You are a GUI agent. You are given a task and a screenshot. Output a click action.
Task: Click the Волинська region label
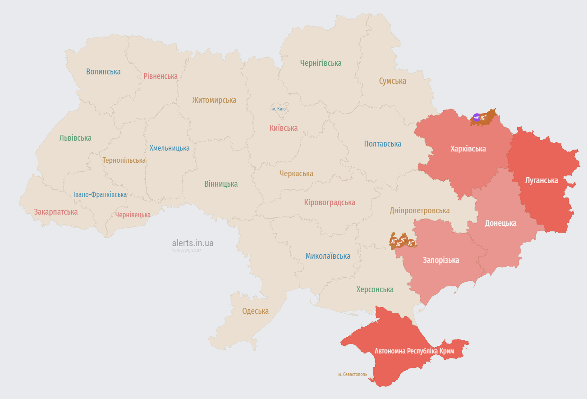pos(103,72)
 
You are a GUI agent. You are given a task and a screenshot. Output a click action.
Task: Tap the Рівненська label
pos(161,76)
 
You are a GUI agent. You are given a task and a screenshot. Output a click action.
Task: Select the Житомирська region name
pos(214,100)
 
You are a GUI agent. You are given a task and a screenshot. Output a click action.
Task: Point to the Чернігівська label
pos(321,63)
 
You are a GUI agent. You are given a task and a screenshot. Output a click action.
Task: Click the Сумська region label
pos(392,81)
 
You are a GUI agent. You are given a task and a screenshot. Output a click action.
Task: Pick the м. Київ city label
pos(279,109)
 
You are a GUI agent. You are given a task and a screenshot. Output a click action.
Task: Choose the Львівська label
pos(75,138)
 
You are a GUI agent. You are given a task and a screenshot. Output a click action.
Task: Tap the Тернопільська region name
pos(124,161)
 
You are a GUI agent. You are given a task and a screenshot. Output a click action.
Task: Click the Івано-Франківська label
pos(100,195)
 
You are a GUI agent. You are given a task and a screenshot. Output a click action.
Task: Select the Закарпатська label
pos(56,212)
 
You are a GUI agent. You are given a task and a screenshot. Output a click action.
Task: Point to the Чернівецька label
pos(133,215)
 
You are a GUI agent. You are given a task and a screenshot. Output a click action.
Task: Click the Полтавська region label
pos(382,144)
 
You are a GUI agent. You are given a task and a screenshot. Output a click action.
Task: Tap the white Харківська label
pos(468,149)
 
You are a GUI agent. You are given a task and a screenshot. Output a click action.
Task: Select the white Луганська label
pos(541,180)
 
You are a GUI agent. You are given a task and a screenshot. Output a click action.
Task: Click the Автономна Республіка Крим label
pos(414,351)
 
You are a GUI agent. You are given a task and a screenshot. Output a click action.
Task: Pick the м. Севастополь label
pos(353,374)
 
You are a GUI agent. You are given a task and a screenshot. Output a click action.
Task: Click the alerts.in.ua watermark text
pos(193,243)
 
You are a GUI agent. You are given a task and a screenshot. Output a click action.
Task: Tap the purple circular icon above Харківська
pos(477,117)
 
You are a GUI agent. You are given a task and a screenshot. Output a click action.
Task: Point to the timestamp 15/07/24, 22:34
pos(187,251)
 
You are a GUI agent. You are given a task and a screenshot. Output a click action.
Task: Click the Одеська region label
pos(255,311)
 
